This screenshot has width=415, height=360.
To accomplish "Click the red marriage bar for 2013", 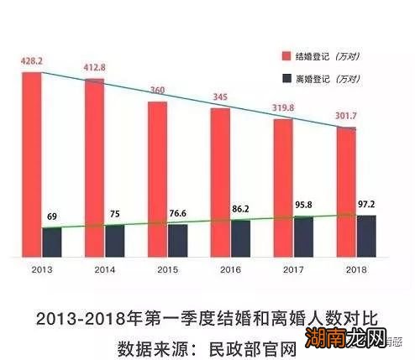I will point(31,164).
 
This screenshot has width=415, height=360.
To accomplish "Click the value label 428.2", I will point(31,61).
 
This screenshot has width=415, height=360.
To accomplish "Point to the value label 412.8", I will point(94,67).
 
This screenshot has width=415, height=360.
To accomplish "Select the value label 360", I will point(157,90).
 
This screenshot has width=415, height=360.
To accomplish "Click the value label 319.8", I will point(283,107).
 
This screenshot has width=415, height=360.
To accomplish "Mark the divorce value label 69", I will point(52,217).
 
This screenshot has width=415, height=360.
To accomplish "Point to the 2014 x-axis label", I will point(104,271).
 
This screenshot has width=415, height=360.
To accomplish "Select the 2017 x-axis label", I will point(293,271).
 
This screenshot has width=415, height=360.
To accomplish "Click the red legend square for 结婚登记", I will point(286,55).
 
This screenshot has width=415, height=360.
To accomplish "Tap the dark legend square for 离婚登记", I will point(286,79).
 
